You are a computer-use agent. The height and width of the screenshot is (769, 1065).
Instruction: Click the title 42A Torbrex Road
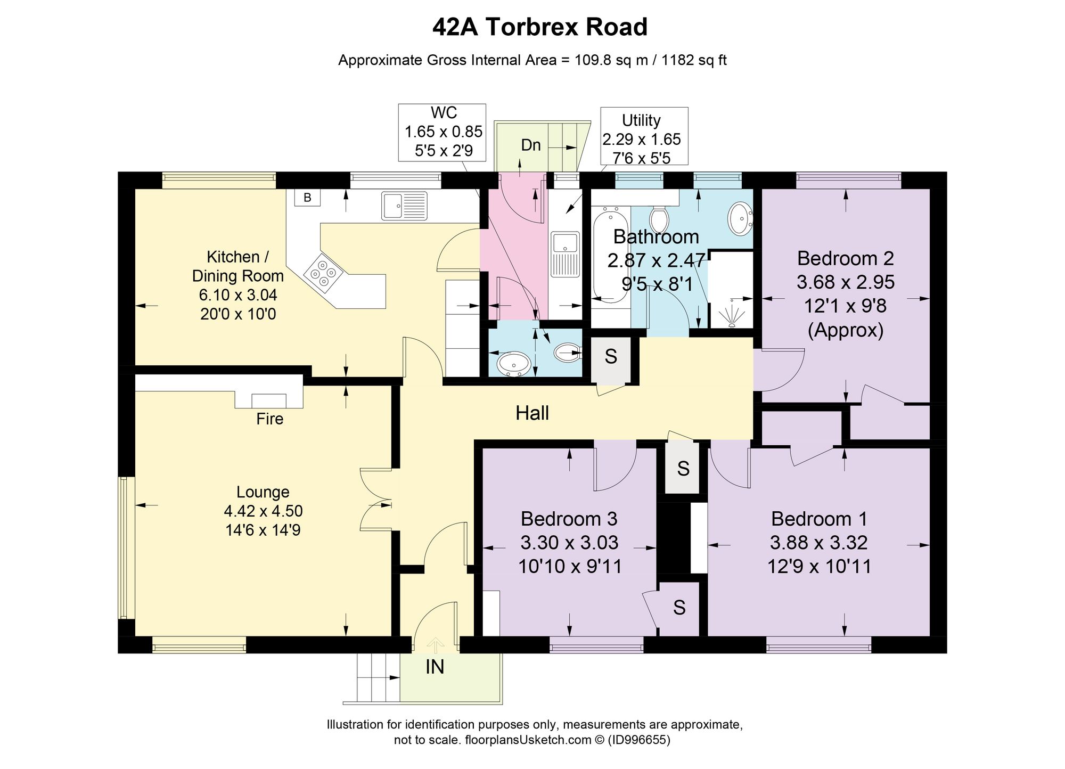(539, 27)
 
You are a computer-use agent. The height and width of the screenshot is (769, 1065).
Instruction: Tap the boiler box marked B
(307, 198)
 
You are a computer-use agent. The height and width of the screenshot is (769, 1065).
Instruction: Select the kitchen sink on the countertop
(404, 206)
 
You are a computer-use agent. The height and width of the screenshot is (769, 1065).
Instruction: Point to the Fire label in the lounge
(269, 419)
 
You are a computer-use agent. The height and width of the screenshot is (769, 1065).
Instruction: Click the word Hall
(532, 413)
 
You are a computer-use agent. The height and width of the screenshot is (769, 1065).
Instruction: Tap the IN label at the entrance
(435, 667)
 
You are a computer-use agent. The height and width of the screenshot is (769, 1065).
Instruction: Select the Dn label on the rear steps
(530, 145)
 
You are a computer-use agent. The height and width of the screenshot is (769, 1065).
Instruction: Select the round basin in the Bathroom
(740, 218)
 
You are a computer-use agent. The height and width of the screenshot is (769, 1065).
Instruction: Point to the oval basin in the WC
(514, 364)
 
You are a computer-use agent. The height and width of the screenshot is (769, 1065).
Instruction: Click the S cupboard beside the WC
(611, 357)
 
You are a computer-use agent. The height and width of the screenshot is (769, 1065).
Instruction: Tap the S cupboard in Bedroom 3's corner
(679, 607)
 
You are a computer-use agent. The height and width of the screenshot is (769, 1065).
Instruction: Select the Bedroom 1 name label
(819, 519)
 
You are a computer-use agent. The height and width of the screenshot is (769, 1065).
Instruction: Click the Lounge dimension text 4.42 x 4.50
(263, 511)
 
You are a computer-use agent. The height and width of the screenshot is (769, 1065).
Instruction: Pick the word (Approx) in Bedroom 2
(846, 331)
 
